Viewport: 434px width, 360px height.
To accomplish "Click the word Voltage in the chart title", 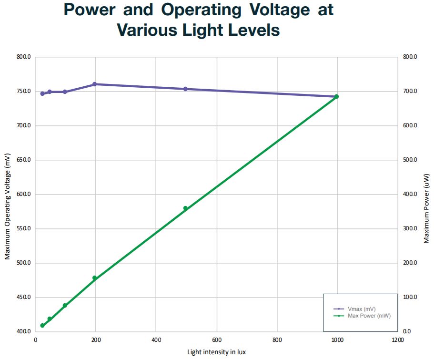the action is pos(280,10).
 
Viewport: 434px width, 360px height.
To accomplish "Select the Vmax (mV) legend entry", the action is pos(354,309).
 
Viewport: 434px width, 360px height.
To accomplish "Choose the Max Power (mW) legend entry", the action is pos(362,316).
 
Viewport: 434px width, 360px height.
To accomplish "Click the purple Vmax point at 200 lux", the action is pos(94,84).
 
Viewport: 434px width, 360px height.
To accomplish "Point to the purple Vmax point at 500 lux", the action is pos(185,89).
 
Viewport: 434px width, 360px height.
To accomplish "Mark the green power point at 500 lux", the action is pos(185,208).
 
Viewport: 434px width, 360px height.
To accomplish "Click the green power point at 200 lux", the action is pos(94,278).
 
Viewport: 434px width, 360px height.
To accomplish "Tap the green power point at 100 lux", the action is pos(65,306).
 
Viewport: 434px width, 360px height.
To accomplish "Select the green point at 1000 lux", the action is pos(336,96).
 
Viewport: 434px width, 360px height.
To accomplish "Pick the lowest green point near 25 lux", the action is pos(42,325).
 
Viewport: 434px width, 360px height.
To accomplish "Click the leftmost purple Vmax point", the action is pos(42,93).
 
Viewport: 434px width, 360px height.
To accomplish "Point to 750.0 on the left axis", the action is pos(23,91).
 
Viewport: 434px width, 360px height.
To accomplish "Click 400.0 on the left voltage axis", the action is pos(23,331).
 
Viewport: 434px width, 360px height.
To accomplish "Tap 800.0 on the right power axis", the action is pos(410,57).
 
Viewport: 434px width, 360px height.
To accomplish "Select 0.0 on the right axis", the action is pos(407,331).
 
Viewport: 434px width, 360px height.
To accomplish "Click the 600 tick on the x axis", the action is pos(217,340).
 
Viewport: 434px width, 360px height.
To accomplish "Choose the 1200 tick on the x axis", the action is pos(398,340).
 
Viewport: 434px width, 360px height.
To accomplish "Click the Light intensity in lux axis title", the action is pos(216,352).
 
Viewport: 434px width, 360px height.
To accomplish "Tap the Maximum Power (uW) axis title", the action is pos(426,209).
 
